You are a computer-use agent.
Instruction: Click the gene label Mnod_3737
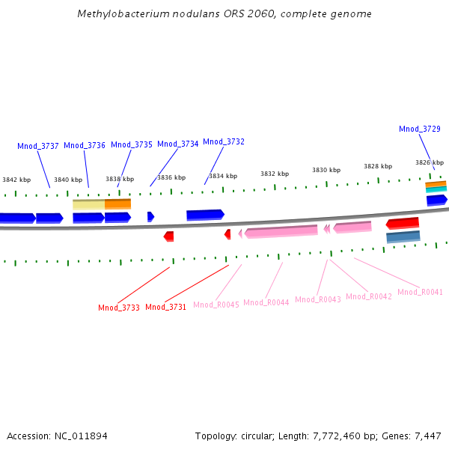point(38,146)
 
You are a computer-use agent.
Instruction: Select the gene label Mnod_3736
point(85,145)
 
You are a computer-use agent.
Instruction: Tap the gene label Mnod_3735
point(132,144)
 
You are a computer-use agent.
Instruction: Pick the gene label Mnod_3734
point(178,144)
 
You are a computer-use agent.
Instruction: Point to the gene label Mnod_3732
point(224,141)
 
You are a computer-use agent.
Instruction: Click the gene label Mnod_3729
point(420,129)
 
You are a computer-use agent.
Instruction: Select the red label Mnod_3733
point(119,308)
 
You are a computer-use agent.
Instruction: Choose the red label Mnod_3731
point(166,307)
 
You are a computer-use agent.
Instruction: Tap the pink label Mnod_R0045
point(216,305)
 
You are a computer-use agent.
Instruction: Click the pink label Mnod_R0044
point(266,302)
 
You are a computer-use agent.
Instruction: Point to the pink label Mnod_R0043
point(318,299)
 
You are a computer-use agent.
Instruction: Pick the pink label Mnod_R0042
point(369,296)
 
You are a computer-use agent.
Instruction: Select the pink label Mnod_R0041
point(420,292)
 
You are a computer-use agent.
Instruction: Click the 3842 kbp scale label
point(16,180)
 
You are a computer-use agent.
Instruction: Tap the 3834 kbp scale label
point(223,176)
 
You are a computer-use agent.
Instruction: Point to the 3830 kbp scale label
point(326,170)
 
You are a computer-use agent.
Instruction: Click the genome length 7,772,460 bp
point(343,436)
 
